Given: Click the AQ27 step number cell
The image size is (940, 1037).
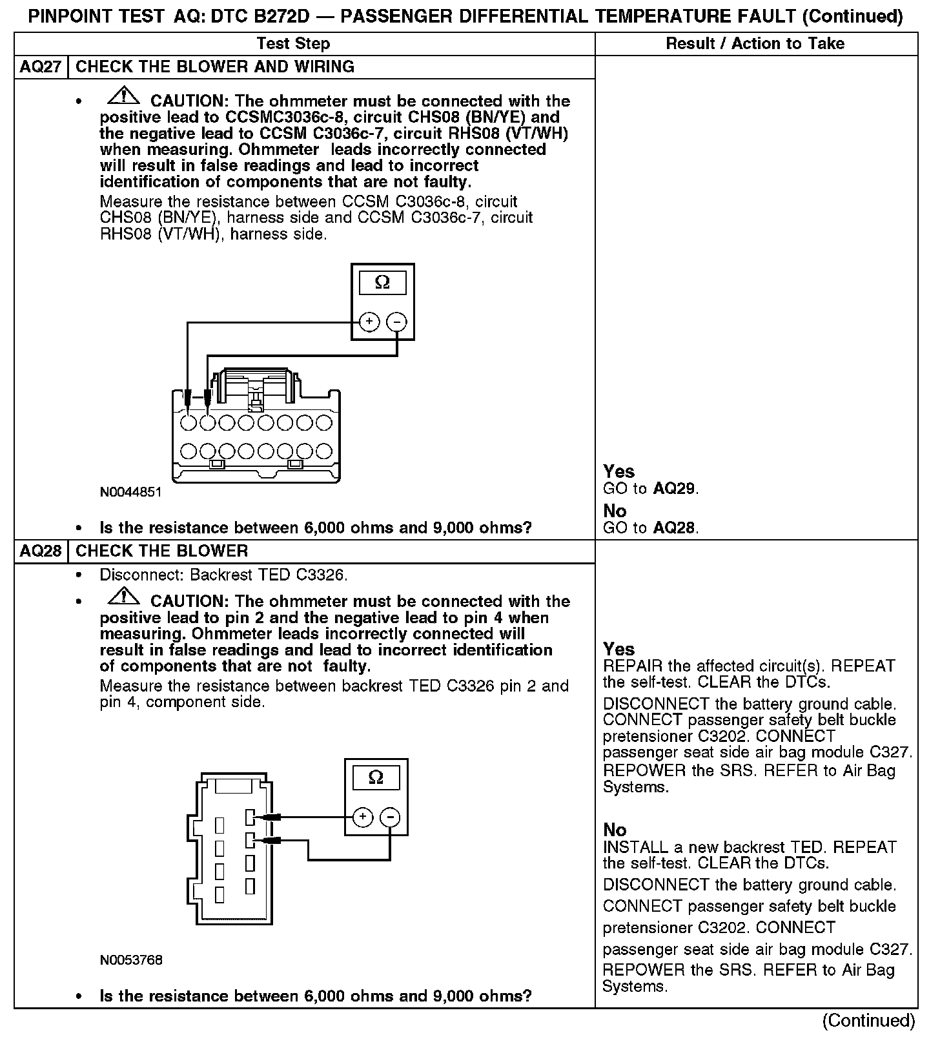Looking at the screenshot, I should tap(41, 67).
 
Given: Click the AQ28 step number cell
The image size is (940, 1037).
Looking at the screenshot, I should tap(41, 551).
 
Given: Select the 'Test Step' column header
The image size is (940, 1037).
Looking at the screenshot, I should tap(293, 43).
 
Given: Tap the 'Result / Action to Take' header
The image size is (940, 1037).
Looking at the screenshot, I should tap(755, 43).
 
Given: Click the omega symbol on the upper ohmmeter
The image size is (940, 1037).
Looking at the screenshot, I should tap(382, 283).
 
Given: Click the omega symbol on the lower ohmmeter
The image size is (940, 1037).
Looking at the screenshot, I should tap(376, 777).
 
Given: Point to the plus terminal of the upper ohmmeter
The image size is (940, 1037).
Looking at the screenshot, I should tap(369, 321).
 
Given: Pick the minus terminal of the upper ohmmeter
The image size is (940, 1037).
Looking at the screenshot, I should tap(397, 321).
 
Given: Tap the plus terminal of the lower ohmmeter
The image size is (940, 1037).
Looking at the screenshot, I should tap(363, 817).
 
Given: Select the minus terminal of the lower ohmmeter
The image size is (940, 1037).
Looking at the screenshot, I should tap(390, 817).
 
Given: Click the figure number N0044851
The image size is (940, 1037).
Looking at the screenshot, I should tap(130, 492).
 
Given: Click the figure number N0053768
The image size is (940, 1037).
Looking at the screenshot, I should tap(131, 960).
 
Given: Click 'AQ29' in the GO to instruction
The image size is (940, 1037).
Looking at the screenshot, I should tap(674, 489).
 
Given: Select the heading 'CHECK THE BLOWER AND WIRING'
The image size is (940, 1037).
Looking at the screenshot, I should tap(215, 67).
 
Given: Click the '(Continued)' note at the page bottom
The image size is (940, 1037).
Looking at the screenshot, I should tap(868, 1021).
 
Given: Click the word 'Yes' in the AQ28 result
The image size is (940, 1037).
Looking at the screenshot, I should tap(618, 649).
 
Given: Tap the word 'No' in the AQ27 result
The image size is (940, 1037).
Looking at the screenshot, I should tap(615, 511).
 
